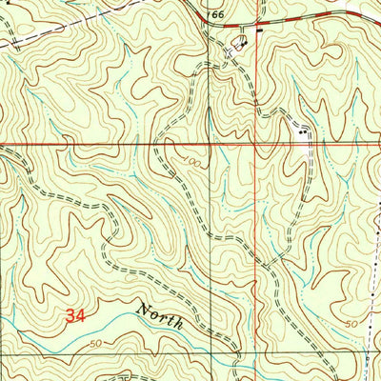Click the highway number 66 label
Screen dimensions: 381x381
218,16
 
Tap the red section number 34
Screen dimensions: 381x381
79,317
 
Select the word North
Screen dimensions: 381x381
159,315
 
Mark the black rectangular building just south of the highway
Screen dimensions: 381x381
258,30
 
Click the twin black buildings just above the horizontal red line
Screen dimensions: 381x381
304,133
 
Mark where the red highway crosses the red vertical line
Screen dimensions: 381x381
255,20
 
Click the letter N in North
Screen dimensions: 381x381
144,310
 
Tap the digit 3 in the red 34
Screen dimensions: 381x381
72,317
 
